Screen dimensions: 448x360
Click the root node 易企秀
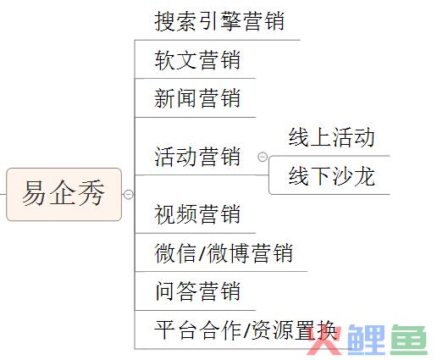coord(64,194)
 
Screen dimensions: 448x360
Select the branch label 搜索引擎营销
coord(219,21)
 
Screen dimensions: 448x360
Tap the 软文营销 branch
coord(197,60)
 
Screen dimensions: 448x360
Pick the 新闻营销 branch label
coord(197,98)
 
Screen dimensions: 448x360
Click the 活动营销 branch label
coord(197,157)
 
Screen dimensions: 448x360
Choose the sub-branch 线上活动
coord(332,137)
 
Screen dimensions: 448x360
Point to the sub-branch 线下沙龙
coord(332,176)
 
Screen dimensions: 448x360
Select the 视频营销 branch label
coord(197,214)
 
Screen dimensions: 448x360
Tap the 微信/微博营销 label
coord(224,253)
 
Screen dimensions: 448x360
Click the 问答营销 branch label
coord(197,291)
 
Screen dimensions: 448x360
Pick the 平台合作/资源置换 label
coord(245,330)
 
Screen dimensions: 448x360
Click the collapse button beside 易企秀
coord(128,194)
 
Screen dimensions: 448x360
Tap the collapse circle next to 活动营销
coord(263,157)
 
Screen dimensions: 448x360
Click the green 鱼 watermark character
coord(409,340)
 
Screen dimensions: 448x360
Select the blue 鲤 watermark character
coord(367,340)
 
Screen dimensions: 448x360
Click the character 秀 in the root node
coord(91,193)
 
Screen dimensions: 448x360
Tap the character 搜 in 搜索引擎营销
coord(165,21)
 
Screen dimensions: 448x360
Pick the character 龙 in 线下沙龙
coord(364,176)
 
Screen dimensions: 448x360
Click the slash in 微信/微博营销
coord(202,253)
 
